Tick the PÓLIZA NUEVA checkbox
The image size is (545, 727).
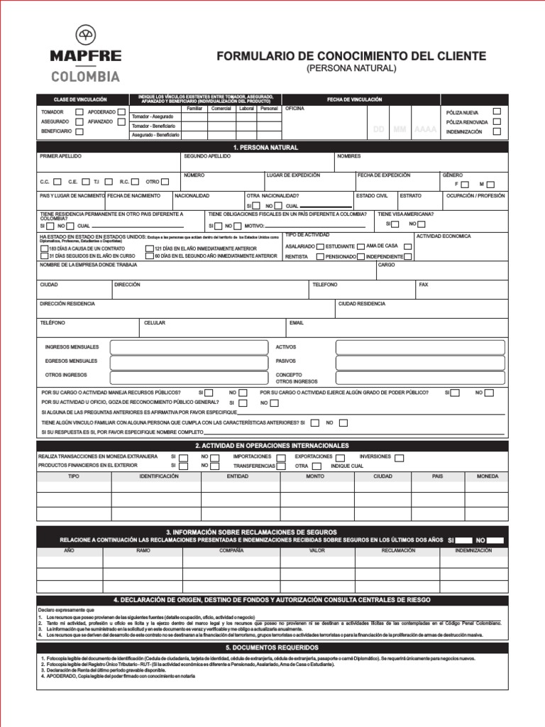click(497, 111)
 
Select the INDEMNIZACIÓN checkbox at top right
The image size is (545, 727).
click(497, 131)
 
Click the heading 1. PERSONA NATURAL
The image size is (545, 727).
click(272, 147)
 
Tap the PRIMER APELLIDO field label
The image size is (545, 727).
click(60, 155)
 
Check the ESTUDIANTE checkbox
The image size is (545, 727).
click(360, 246)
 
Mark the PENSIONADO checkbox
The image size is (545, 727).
click(361, 256)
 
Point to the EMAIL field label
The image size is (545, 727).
click(296, 322)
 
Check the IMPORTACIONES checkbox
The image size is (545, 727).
click(282, 458)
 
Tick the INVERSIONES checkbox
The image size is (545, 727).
click(399, 458)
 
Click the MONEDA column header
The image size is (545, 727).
click(488, 476)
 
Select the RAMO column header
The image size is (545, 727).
click(143, 550)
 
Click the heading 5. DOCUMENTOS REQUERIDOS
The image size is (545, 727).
click(272, 647)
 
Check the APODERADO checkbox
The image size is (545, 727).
click(121, 112)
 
